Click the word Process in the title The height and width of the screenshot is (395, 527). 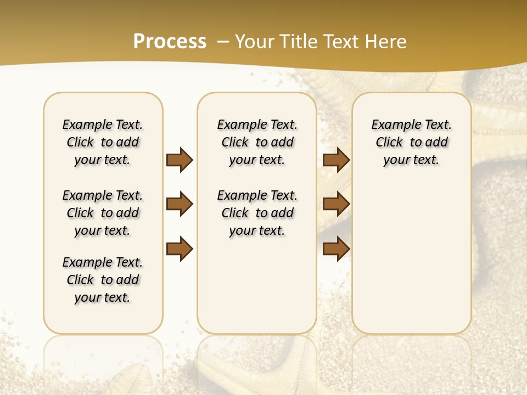170,42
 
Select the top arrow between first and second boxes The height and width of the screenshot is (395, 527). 180,160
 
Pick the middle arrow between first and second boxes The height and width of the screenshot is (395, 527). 180,204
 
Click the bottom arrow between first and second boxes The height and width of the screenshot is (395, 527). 180,249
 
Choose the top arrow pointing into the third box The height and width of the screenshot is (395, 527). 337,160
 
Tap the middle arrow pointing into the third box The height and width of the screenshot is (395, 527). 337,204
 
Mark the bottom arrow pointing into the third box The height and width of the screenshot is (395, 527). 337,249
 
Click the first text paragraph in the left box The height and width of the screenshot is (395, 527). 103,142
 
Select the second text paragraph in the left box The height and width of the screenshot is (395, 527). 103,213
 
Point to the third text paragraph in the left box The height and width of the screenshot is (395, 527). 103,280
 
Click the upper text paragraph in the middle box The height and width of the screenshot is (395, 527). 257,142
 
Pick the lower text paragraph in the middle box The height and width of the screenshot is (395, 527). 257,213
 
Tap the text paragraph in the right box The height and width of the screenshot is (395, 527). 412,142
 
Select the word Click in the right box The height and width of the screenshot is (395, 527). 389,143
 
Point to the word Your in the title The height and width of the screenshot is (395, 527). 252,42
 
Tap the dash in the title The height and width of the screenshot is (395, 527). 223,42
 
